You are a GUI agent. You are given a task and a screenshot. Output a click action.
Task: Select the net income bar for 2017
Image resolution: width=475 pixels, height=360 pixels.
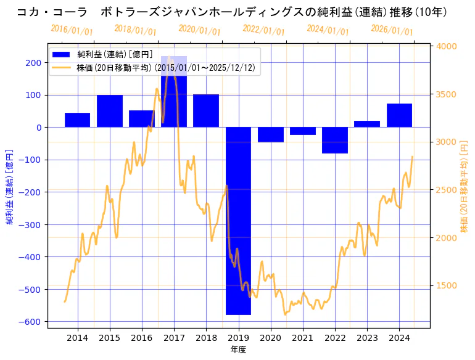click(174, 92)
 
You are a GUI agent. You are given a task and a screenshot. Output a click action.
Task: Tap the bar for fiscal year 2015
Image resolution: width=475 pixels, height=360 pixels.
click(110, 111)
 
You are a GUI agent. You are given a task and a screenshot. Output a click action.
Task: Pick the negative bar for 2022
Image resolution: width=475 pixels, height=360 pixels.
click(335, 140)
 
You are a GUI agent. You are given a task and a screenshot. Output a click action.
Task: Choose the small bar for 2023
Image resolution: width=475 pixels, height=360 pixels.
click(367, 124)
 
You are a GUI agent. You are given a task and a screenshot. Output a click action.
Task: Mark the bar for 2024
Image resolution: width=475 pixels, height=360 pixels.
click(399, 115)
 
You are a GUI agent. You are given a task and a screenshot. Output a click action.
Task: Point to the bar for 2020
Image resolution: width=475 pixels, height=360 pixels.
click(270, 134)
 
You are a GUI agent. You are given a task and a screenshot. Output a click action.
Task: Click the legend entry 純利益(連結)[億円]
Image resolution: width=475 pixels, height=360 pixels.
click(115, 54)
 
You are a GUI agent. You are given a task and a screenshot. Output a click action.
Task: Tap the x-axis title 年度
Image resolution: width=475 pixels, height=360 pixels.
click(238, 350)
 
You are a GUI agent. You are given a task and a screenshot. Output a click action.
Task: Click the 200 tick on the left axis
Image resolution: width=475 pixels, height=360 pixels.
click(34, 62)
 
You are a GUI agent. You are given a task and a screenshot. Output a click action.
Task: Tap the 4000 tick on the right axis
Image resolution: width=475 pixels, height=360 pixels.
click(447, 46)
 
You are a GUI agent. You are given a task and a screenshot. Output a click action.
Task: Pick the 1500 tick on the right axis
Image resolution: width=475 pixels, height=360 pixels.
click(447, 285)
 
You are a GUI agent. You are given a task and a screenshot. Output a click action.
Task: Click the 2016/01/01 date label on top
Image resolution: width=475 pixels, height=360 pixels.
click(72, 30)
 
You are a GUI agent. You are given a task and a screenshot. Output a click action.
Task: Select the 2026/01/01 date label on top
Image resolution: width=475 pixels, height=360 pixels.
click(392, 30)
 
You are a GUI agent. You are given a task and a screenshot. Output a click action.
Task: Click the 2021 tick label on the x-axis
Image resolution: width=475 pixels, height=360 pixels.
click(303, 338)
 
